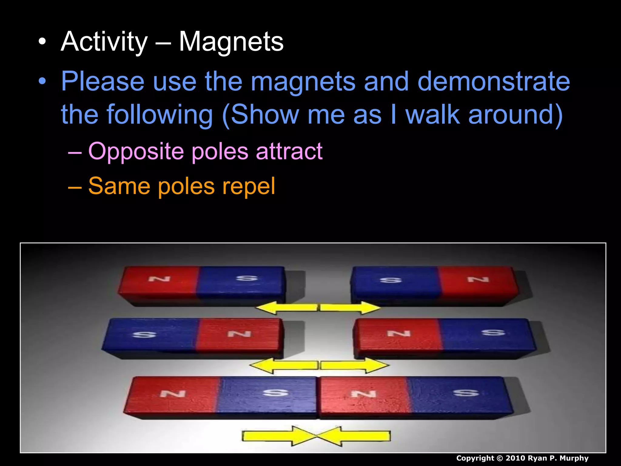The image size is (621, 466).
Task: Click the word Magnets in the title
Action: pos(231,42)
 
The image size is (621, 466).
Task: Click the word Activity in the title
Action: pos(104,42)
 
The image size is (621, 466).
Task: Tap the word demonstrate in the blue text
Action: pos(494,81)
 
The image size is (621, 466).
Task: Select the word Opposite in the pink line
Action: pos(136,151)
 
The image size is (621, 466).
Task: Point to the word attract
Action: pos(289,151)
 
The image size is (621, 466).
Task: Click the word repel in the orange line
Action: pos(249,186)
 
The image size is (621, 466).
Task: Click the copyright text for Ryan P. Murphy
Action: pos(522,458)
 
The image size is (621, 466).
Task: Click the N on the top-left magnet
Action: pos(159,279)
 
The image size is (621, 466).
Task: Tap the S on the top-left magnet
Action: pos(247,278)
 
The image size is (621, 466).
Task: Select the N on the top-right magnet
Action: pos(478,279)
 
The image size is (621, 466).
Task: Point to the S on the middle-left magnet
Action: pos(144,335)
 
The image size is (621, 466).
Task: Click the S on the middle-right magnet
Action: pos(493,333)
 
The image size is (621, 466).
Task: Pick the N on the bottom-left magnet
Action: pos(173,394)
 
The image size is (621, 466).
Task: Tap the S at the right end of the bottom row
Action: pos(466,393)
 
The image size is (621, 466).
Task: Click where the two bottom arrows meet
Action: pos(316,436)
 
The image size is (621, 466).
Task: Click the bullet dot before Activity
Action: pos(43,42)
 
